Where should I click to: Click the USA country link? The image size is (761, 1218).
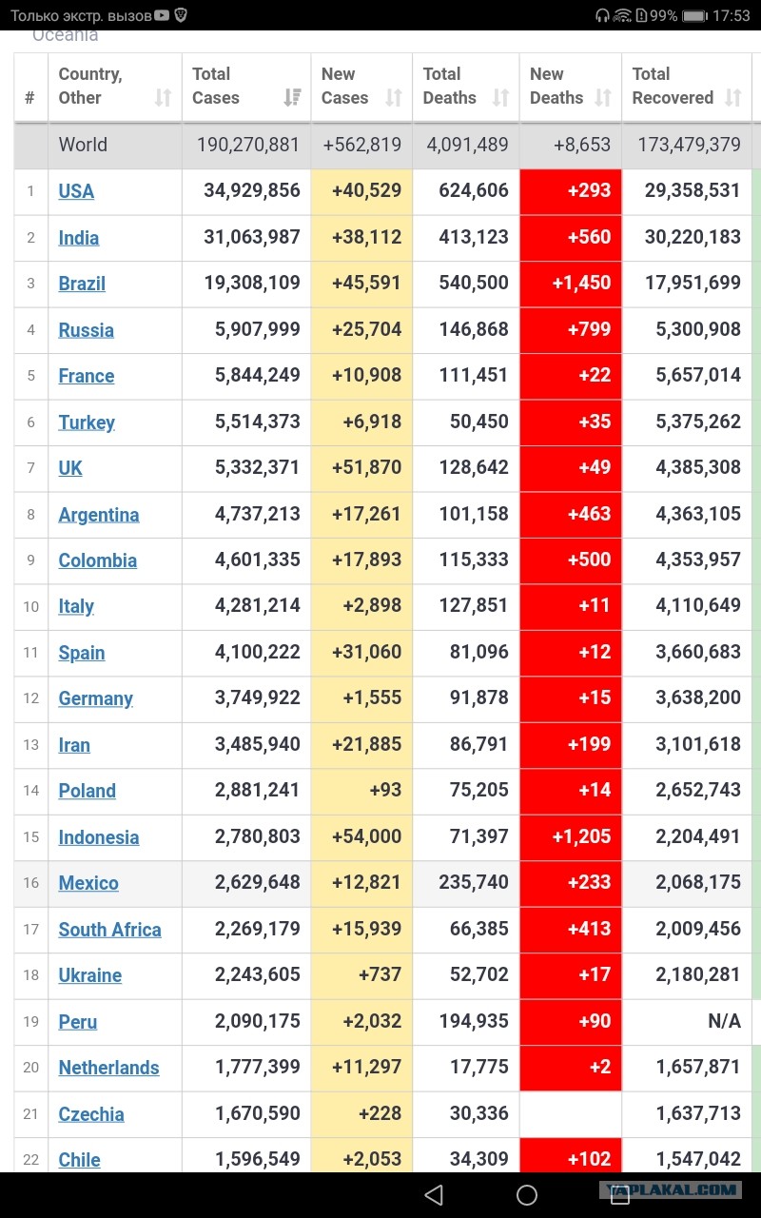pyautogui.click(x=76, y=191)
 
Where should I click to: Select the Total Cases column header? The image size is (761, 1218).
pyautogui.click(x=216, y=86)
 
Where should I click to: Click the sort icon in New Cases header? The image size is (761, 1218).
pyautogui.click(x=394, y=98)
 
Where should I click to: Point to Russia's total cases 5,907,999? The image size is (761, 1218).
pyautogui.click(x=257, y=329)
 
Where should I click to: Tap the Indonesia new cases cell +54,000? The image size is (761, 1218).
pyautogui.click(x=366, y=836)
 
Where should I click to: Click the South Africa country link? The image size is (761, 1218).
pyautogui.click(x=109, y=930)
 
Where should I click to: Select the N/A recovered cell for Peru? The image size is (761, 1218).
pyautogui.click(x=724, y=1021)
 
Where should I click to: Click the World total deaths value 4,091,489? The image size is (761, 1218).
pyautogui.click(x=467, y=145)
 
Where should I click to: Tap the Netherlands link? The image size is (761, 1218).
pyautogui.click(x=108, y=1068)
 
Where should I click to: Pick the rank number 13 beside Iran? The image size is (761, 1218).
pyautogui.click(x=31, y=744)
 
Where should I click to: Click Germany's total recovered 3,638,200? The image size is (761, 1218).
pyautogui.click(x=698, y=697)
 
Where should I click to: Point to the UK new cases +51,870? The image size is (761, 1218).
pyautogui.click(x=366, y=467)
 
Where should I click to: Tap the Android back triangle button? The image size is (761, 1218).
pyautogui.click(x=433, y=1194)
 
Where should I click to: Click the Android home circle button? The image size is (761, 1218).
pyautogui.click(x=526, y=1194)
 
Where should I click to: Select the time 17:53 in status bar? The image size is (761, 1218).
pyautogui.click(x=732, y=15)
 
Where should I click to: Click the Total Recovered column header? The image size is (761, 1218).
pyautogui.click(x=673, y=86)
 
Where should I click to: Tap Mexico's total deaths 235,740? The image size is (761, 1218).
pyautogui.click(x=474, y=882)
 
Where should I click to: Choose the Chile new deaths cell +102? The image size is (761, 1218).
pyautogui.click(x=589, y=1159)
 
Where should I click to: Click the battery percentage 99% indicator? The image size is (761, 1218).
pyautogui.click(x=664, y=15)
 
